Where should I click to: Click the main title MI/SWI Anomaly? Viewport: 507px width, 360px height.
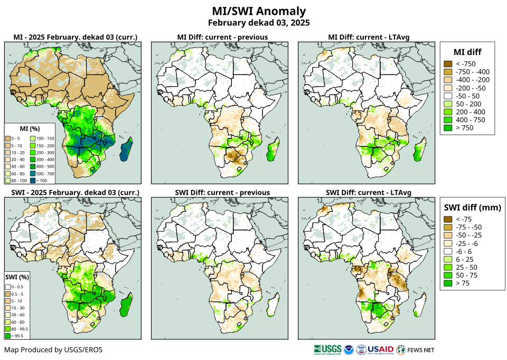[258, 11]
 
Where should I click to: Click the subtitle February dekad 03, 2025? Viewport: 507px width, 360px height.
[258, 23]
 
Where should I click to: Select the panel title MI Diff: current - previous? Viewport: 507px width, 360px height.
[222, 37]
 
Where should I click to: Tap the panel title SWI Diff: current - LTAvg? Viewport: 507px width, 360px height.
[369, 192]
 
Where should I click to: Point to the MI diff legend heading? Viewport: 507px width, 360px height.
[467, 52]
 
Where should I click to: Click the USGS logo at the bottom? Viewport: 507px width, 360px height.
[327, 349]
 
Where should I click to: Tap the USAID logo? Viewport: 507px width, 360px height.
[380, 349]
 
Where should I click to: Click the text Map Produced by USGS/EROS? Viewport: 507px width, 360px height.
[53, 350]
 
